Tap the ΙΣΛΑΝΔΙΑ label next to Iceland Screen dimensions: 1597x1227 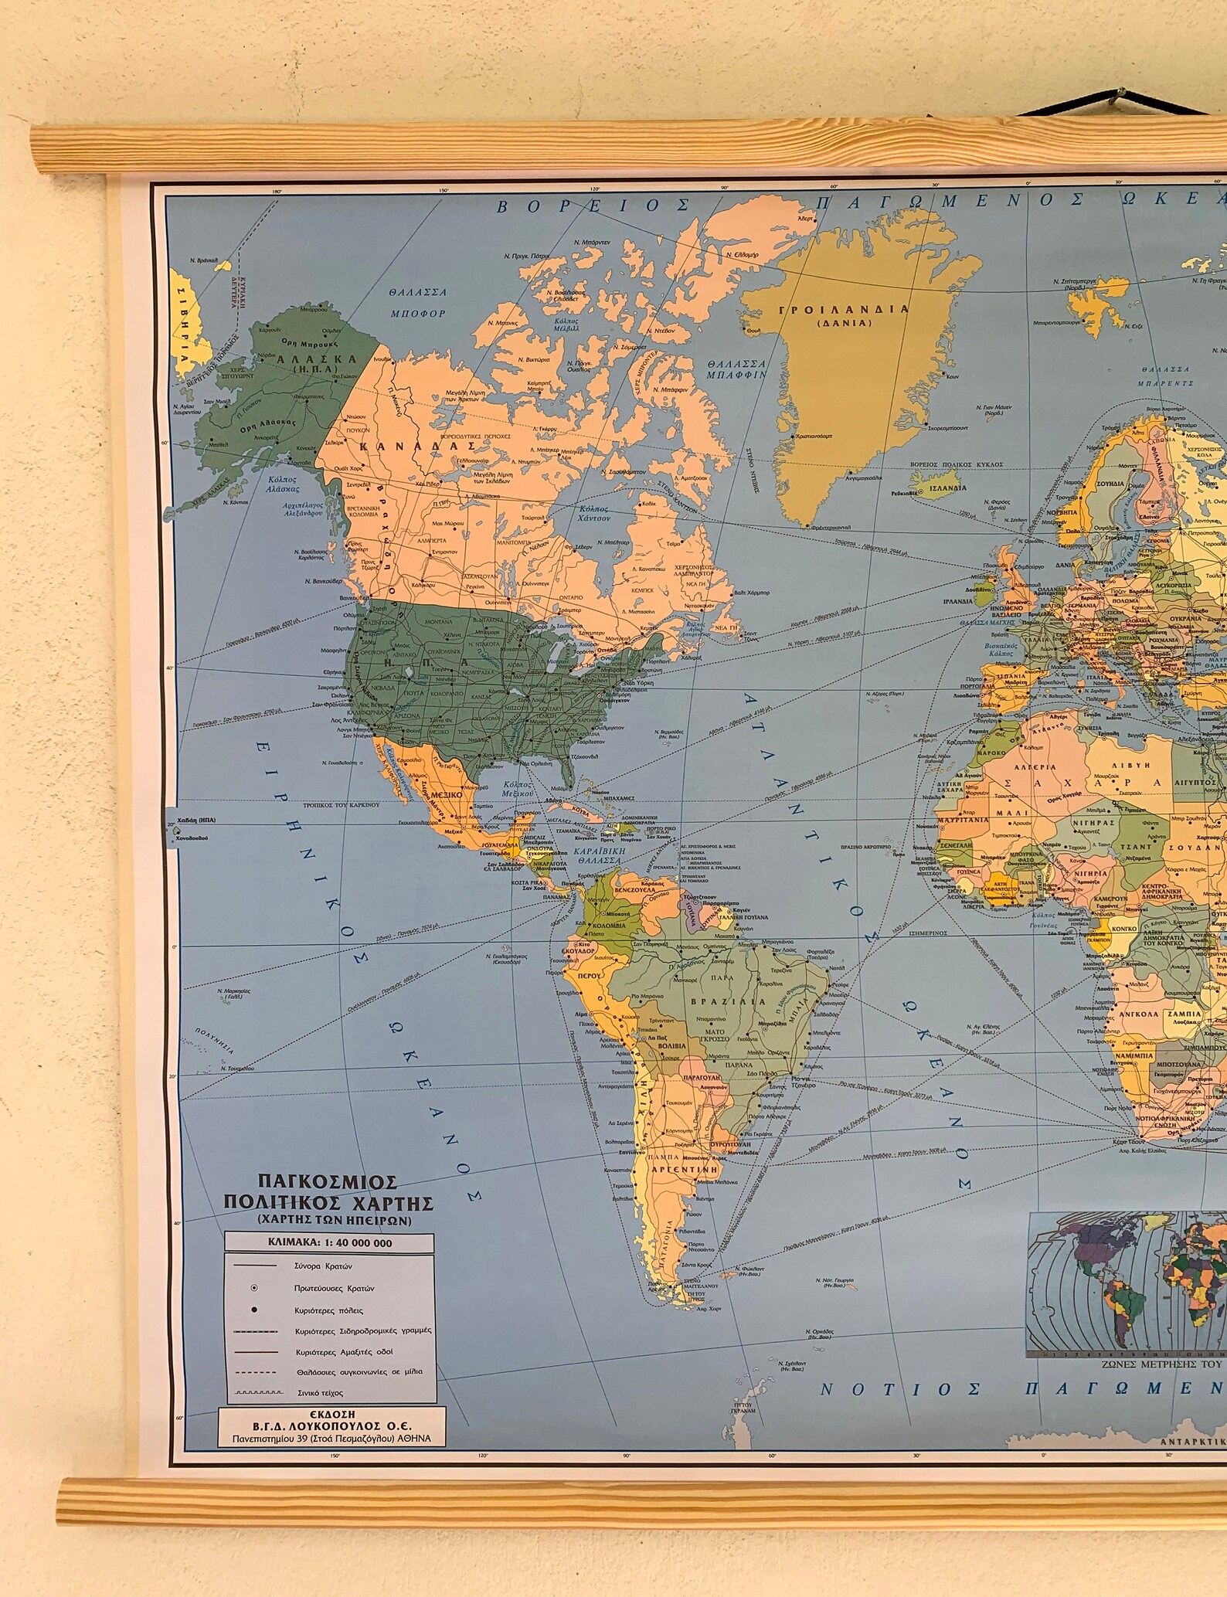(946, 488)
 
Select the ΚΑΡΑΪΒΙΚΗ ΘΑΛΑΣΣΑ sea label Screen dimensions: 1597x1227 (597, 855)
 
